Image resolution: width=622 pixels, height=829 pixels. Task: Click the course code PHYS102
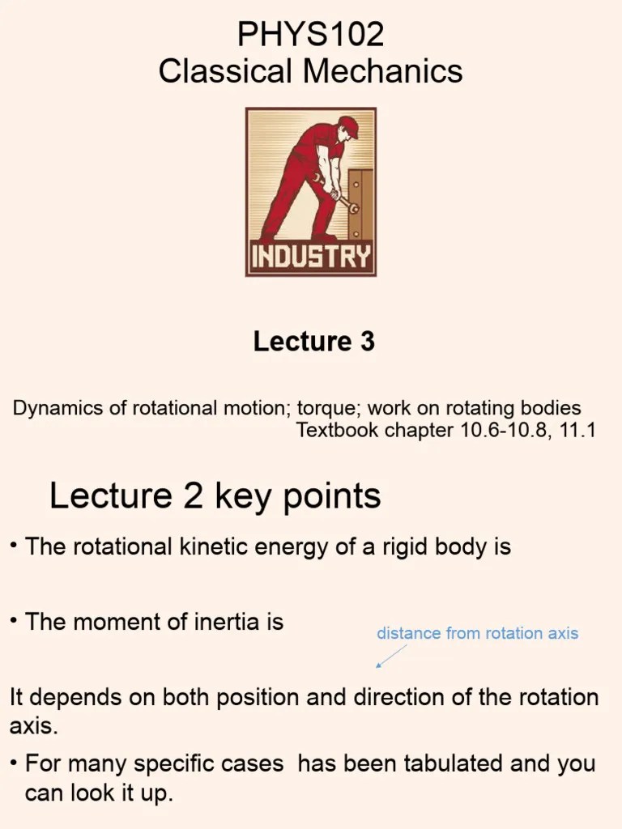[310, 35]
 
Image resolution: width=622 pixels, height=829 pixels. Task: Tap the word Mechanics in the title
[391, 71]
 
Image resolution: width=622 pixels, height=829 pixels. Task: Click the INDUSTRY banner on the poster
[311, 257]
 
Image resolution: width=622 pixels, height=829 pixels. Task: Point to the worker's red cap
[348, 125]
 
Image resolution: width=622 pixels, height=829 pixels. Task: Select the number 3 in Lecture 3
[368, 342]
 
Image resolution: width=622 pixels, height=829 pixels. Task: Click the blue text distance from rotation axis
[477, 633]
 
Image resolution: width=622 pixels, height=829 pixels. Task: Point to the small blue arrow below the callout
[390, 657]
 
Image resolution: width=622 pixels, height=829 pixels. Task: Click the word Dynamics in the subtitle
[58, 407]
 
